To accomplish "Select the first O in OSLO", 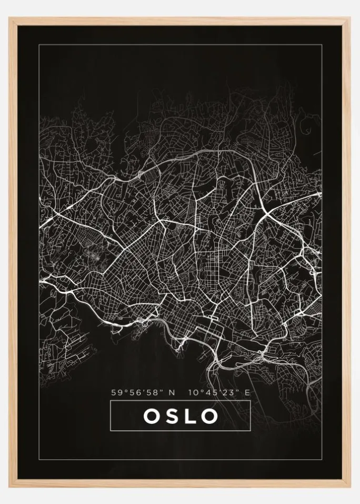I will click(151, 416).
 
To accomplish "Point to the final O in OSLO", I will click(209, 416).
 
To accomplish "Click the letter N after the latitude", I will click(172, 392).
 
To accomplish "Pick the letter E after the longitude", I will click(247, 392).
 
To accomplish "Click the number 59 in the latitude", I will click(116, 392).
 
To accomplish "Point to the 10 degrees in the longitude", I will click(191, 392).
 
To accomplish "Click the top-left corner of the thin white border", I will click(39, 45).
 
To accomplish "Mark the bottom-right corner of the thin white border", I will click(321, 460).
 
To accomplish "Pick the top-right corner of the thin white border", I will click(321, 45).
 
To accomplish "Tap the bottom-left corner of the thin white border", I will click(39, 460).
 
